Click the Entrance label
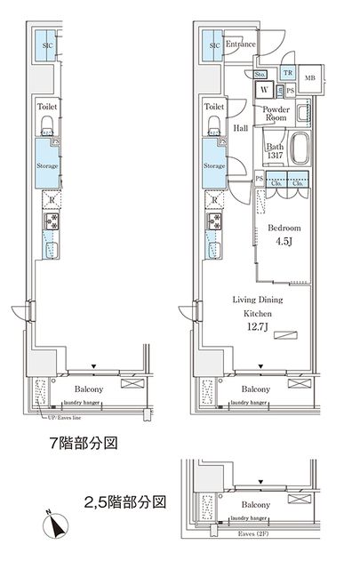point(241,44)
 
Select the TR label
point(287,74)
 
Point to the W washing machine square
point(265,90)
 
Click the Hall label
point(240,129)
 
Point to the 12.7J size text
point(259,326)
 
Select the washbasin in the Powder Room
point(302,113)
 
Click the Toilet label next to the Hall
point(212,106)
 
